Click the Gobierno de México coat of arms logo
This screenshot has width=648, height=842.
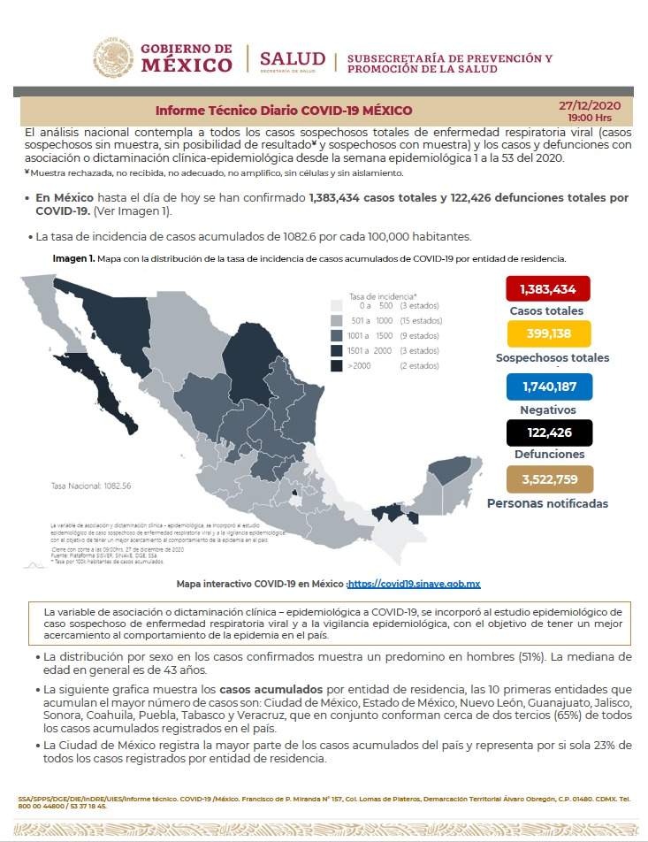(x=112, y=57)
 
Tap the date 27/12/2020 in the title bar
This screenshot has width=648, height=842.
(x=590, y=105)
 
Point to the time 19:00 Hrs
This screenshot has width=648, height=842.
(x=590, y=117)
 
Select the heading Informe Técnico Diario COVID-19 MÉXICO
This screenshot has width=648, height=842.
(x=284, y=111)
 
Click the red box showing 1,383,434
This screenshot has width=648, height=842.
(x=547, y=289)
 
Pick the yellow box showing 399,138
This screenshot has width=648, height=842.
(x=548, y=334)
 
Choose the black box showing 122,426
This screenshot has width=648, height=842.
(x=549, y=432)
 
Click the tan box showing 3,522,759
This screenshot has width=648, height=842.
(x=550, y=480)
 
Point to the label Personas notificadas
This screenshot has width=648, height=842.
(x=548, y=503)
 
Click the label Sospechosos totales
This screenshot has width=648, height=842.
(x=553, y=358)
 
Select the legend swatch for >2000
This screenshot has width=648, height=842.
(x=337, y=365)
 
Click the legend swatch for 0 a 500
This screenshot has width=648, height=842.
(x=337, y=305)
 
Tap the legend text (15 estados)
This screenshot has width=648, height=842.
(x=420, y=320)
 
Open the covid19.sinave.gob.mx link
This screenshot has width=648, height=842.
(x=415, y=585)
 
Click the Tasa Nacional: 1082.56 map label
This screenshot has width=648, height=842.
(x=85, y=486)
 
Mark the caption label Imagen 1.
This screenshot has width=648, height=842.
(x=72, y=258)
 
